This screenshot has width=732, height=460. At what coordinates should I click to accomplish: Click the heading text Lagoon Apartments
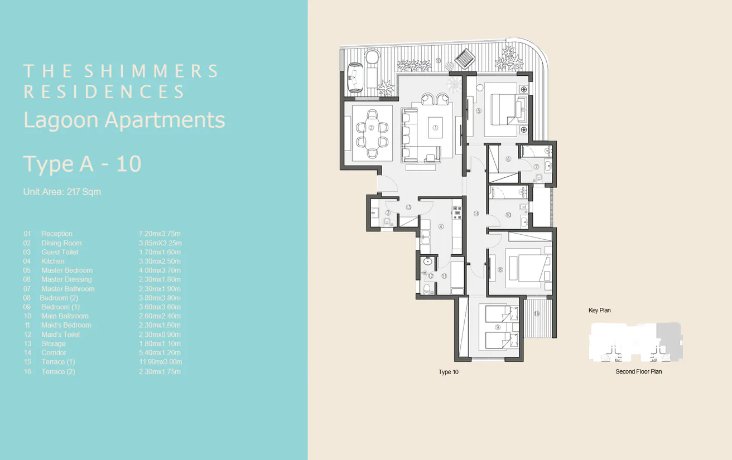[124, 120]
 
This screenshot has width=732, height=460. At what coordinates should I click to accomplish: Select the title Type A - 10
[82, 164]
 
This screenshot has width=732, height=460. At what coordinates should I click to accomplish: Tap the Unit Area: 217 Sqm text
[62, 192]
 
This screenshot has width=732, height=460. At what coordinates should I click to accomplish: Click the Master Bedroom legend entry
[67, 270]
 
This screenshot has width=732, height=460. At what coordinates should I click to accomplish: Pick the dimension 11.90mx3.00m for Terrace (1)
[160, 362]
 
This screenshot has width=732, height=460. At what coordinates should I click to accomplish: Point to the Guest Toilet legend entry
[60, 252]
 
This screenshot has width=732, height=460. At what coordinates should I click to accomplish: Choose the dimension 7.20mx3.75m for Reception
[160, 234]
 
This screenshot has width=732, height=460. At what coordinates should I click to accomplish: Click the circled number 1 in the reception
[436, 128]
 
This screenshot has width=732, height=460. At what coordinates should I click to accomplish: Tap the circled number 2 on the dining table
[372, 127]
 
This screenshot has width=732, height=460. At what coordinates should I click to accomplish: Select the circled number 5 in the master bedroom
[479, 110]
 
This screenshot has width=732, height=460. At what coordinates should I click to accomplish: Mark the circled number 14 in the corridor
[476, 214]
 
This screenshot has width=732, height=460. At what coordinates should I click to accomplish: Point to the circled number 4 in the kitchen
[441, 226]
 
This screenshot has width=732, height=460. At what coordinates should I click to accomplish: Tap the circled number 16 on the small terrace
[537, 314]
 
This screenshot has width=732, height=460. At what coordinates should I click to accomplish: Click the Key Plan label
[600, 310]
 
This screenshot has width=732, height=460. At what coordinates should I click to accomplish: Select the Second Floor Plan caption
[638, 371]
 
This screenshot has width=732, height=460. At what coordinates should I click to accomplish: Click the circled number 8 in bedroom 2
[500, 270]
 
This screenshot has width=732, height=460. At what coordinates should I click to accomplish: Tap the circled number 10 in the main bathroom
[508, 215]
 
